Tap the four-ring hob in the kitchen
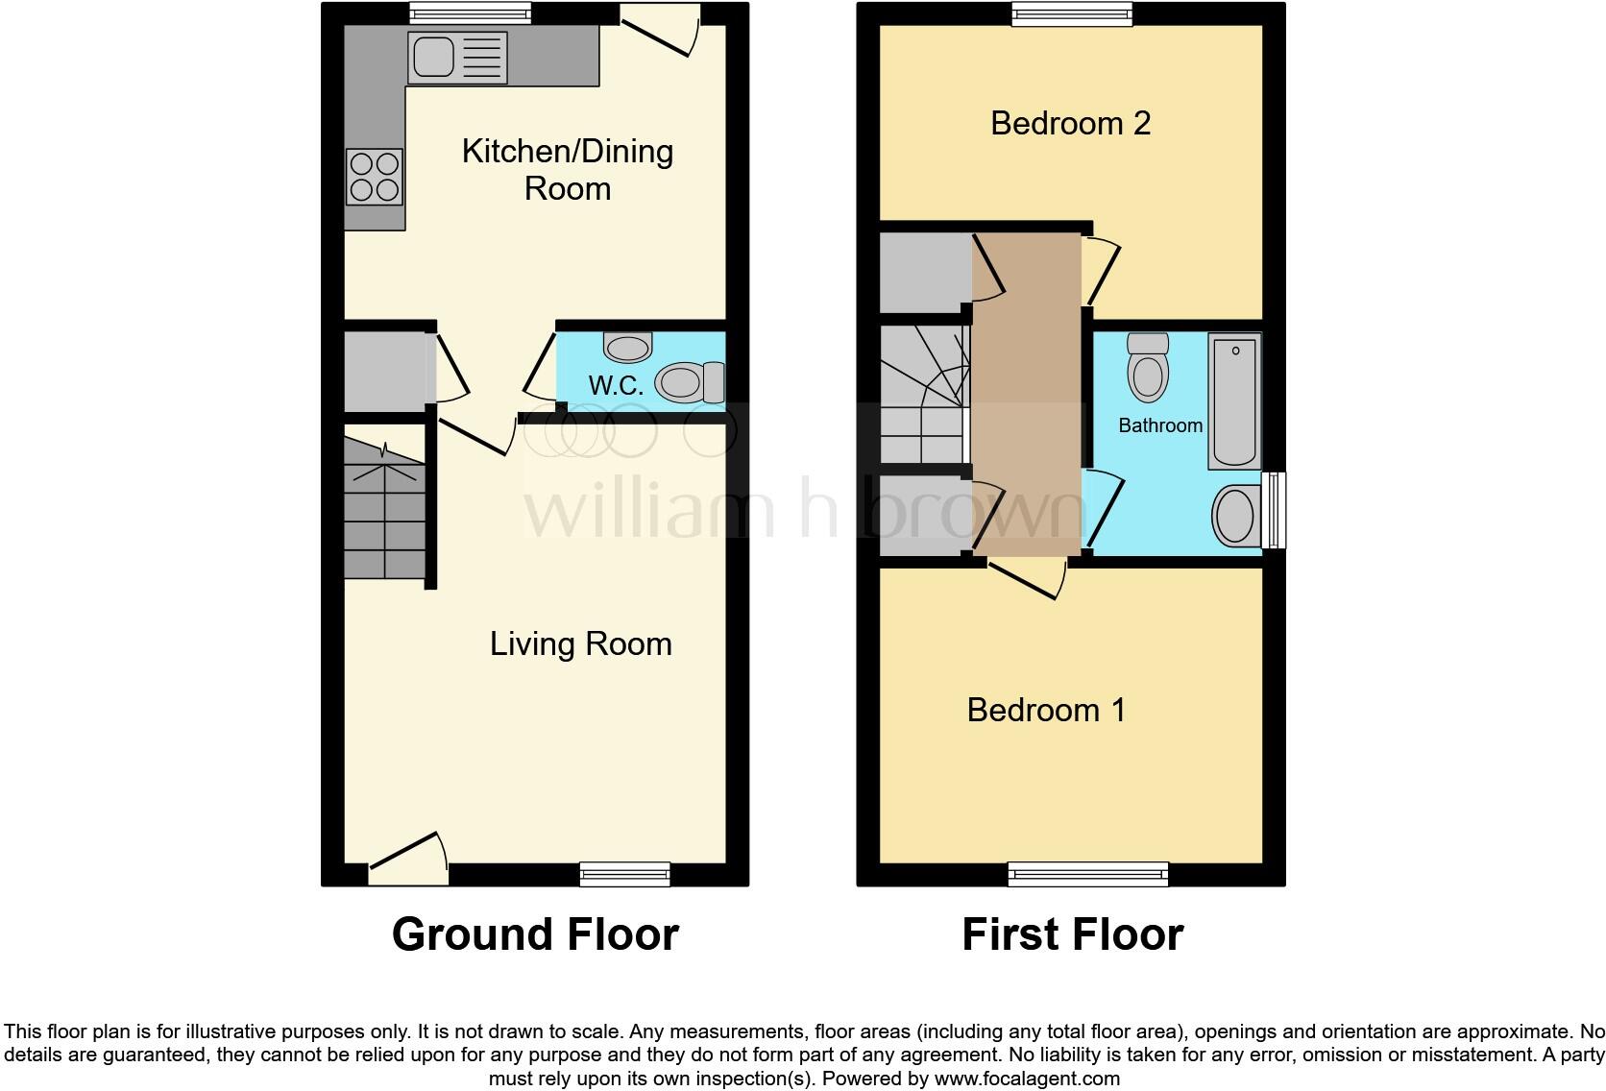[x=375, y=178]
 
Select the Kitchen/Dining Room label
[x=567, y=169]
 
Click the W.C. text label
[x=616, y=386]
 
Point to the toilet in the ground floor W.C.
[x=688, y=382]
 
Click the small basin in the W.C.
[x=628, y=346]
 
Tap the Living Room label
[x=580, y=643]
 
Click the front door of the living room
[x=408, y=859]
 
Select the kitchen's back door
[x=661, y=31]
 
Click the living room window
[x=624, y=873]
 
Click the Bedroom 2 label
[x=1070, y=123]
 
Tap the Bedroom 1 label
[x=1045, y=710]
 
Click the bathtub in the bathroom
[x=1234, y=400]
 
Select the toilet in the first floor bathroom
[x=1148, y=367]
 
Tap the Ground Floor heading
[x=535, y=934]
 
